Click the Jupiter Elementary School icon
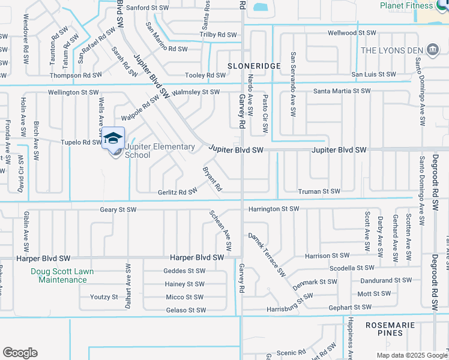(113, 139)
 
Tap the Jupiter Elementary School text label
(160, 151)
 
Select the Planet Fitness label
(406, 5)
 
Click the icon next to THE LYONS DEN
(432, 49)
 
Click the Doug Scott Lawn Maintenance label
(59, 275)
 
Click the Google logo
(19, 353)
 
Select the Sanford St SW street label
(149, 8)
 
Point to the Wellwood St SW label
(352, 33)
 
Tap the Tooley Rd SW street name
(205, 75)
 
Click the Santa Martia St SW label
(342, 91)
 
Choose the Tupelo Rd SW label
(81, 142)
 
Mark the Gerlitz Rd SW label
(178, 191)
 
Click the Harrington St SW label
(273, 209)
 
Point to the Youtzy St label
(104, 297)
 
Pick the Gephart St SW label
(366, 307)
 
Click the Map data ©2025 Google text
(411, 355)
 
